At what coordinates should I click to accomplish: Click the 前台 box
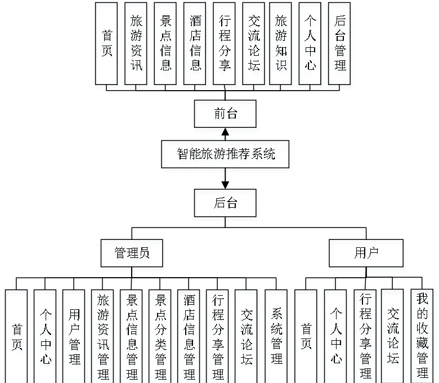(x=225, y=114)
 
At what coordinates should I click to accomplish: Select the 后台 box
(x=225, y=203)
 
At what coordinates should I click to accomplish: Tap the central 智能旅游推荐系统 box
(x=225, y=153)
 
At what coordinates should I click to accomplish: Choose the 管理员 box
(x=132, y=253)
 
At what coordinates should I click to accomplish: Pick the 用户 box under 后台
(x=366, y=253)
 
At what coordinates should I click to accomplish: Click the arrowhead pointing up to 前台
(x=225, y=132)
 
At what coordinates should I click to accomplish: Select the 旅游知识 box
(x=281, y=43)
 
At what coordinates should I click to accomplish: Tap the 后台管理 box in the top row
(x=339, y=43)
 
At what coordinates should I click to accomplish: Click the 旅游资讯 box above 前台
(x=136, y=43)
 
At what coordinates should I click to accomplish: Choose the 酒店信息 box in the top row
(x=195, y=43)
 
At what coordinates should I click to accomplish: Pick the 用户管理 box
(x=74, y=336)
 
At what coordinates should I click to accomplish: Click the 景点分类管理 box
(x=160, y=336)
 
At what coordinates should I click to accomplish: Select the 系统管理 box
(x=276, y=336)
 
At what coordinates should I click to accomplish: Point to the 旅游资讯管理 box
(x=103, y=336)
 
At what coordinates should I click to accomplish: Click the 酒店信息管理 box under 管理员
(x=189, y=336)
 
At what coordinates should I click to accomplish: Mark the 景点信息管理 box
(x=132, y=336)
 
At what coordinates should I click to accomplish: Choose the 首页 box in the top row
(x=106, y=43)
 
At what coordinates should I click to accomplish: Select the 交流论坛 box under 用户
(x=392, y=336)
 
